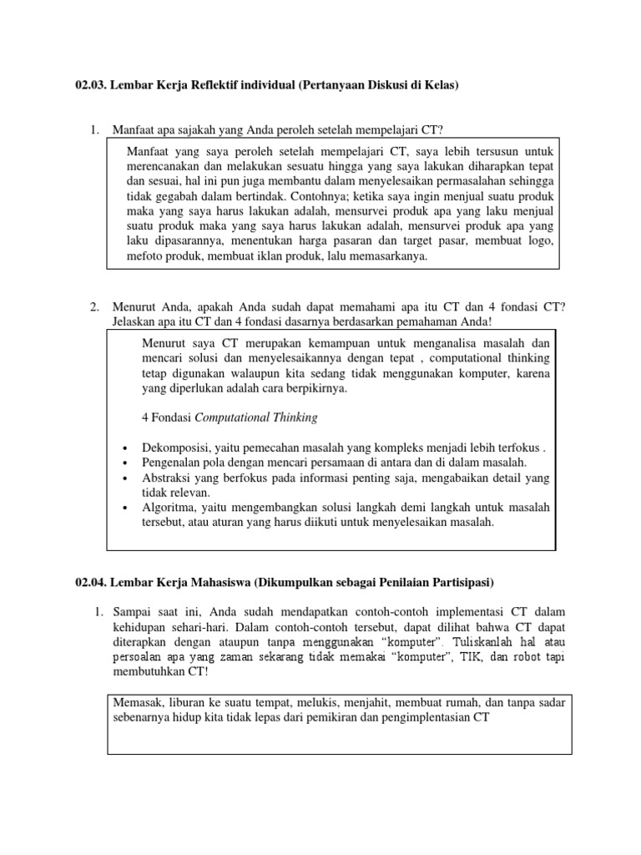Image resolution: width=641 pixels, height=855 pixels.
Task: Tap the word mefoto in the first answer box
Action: click(147, 256)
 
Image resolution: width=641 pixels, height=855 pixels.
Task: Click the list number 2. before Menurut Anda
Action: click(95, 306)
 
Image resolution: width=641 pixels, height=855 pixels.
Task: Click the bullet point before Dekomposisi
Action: click(124, 448)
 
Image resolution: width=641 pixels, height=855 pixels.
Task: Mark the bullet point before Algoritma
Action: click(124, 508)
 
